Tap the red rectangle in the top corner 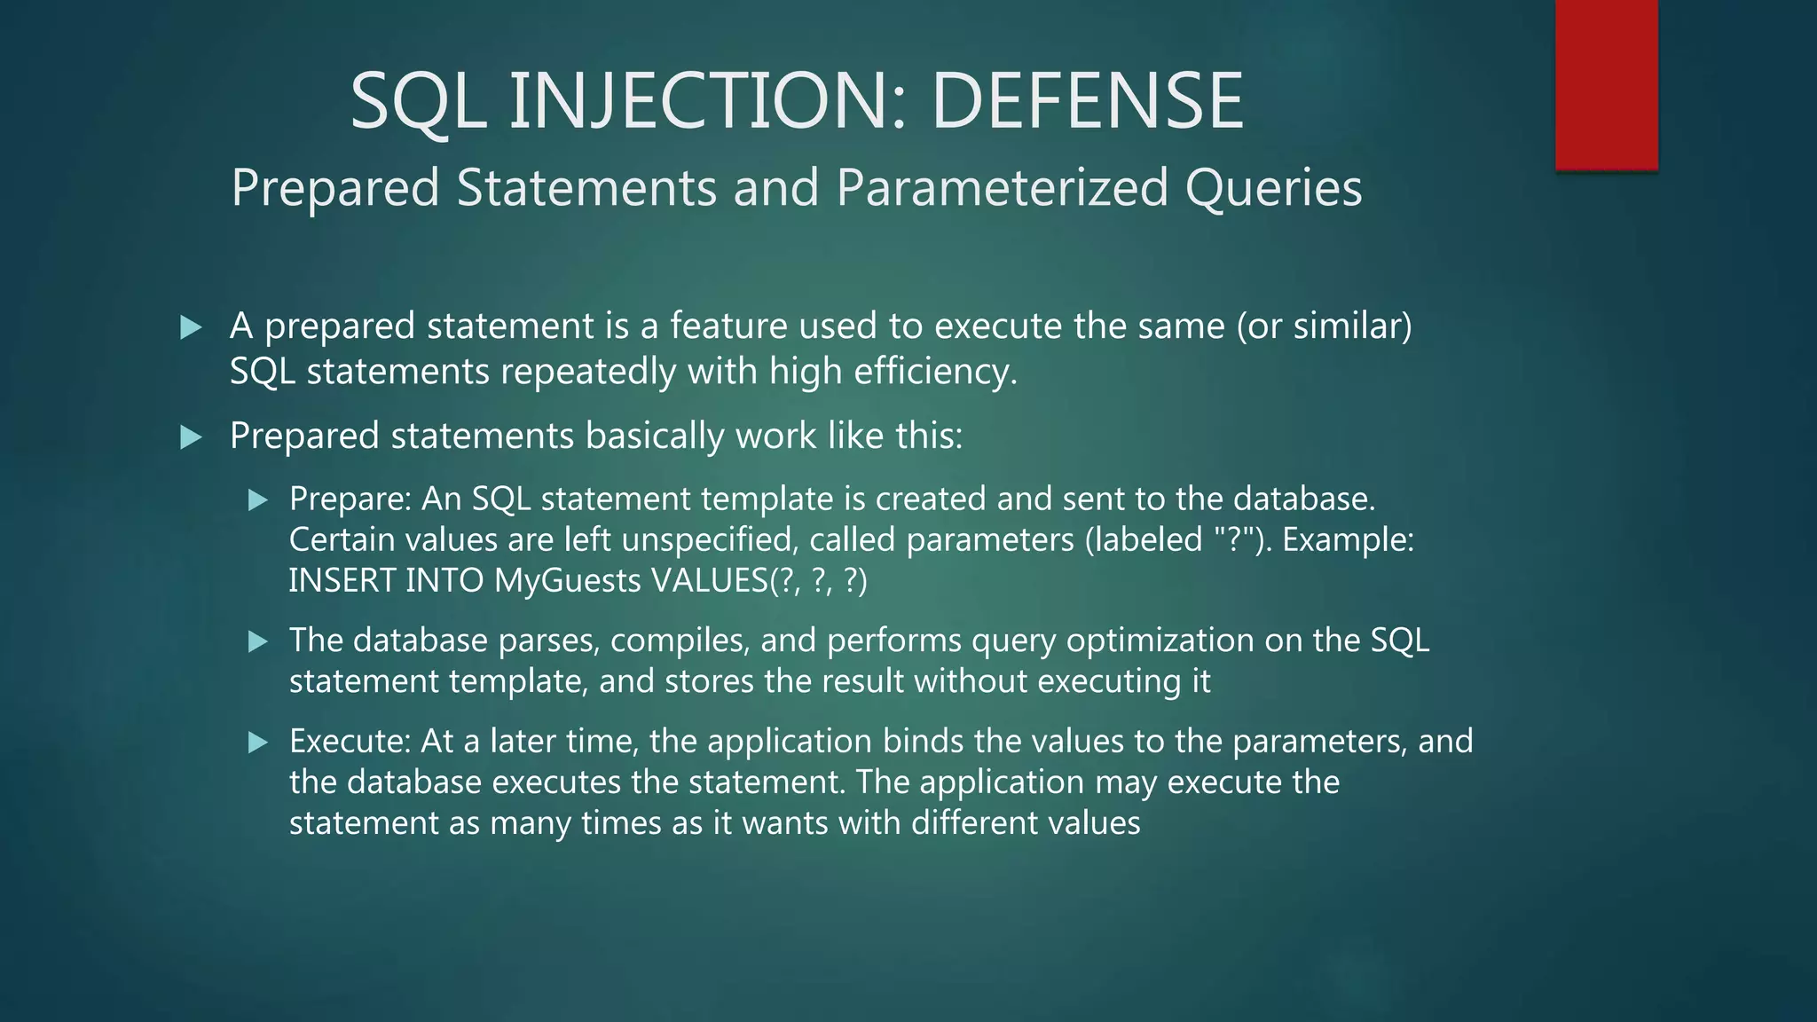point(1606,84)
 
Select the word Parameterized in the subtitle point(1003,188)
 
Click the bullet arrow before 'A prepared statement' point(191,327)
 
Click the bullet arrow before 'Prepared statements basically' point(191,437)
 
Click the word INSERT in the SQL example point(342,580)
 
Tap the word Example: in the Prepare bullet point(1348,539)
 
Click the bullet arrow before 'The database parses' point(258,641)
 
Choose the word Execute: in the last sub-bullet point(350,741)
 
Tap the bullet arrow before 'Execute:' point(258,743)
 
